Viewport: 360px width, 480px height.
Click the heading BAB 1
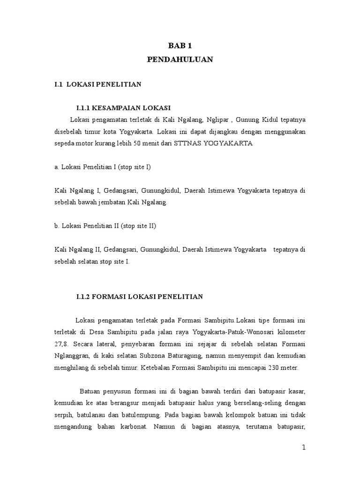pos(180,46)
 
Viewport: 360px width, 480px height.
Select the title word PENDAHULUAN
pos(180,59)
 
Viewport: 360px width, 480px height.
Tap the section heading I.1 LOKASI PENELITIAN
pos(97,84)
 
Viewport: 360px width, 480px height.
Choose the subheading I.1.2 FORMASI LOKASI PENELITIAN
pos(139,296)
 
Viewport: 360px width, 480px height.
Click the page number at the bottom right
pos(303,447)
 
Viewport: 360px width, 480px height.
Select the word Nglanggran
pos(70,356)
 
